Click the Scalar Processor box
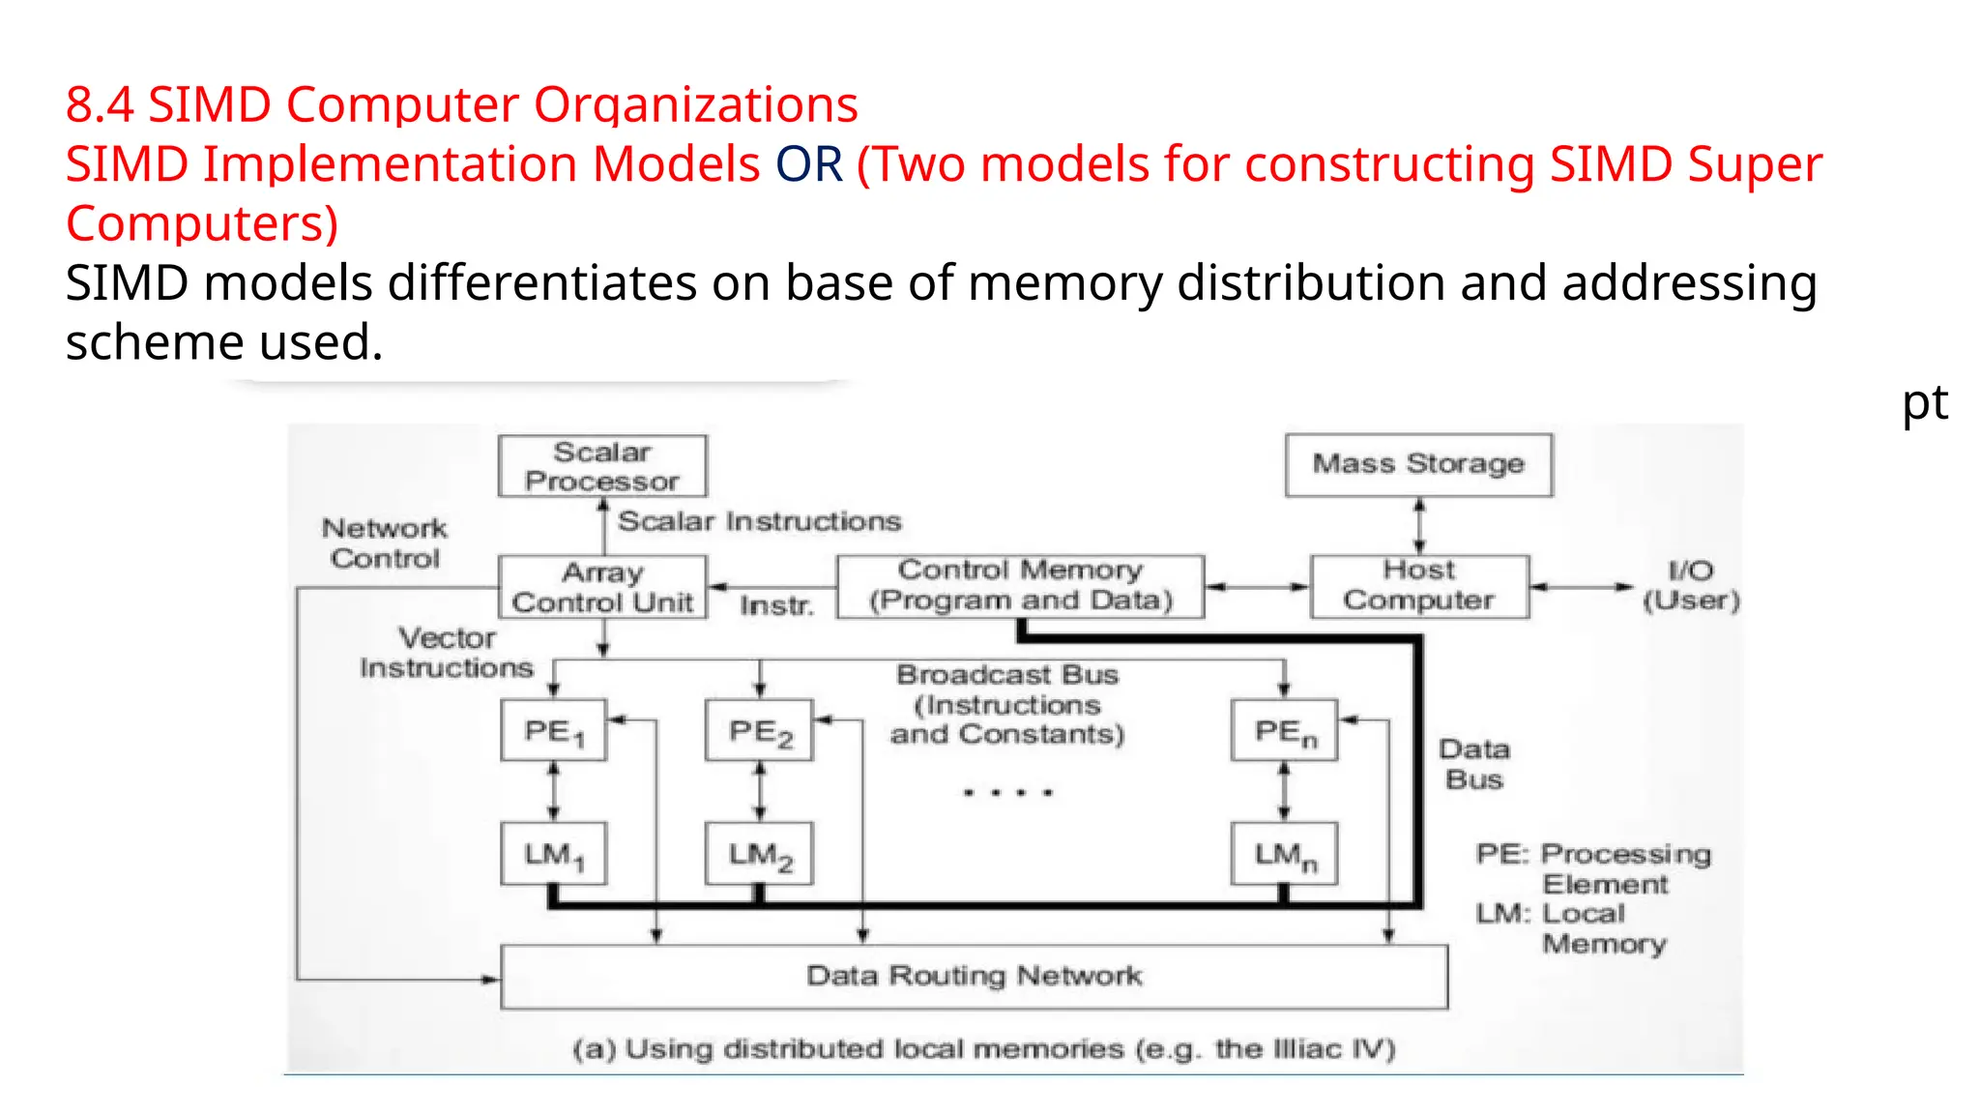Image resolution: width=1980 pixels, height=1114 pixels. (x=602, y=466)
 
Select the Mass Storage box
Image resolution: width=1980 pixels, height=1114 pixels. (x=1418, y=465)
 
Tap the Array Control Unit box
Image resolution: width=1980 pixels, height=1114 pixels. (x=602, y=587)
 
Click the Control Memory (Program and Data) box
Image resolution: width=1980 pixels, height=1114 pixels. (x=1020, y=586)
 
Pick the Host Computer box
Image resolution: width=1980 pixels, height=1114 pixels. (x=1418, y=586)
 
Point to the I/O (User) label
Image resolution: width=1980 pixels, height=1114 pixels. (x=1690, y=586)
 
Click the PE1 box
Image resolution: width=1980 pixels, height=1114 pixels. (x=554, y=731)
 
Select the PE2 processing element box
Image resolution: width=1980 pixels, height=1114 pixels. (x=759, y=731)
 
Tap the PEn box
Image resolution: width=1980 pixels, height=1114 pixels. (x=1284, y=731)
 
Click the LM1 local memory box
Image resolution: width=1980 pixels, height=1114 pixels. (x=554, y=854)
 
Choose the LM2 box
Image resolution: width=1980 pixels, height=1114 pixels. (x=759, y=854)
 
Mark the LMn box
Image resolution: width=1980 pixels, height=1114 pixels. (x=1284, y=854)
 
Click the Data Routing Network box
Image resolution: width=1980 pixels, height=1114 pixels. (x=974, y=977)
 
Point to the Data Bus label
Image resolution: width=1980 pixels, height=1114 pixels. (x=1473, y=764)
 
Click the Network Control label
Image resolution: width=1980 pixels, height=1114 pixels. (x=385, y=543)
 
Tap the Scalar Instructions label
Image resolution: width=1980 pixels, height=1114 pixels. (x=759, y=522)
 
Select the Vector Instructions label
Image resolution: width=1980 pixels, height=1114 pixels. (x=447, y=653)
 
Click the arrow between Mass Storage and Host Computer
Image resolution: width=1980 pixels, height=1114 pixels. (x=1419, y=526)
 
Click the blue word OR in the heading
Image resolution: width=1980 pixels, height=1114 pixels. (x=808, y=164)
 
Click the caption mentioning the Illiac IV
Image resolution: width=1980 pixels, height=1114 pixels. (x=983, y=1049)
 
